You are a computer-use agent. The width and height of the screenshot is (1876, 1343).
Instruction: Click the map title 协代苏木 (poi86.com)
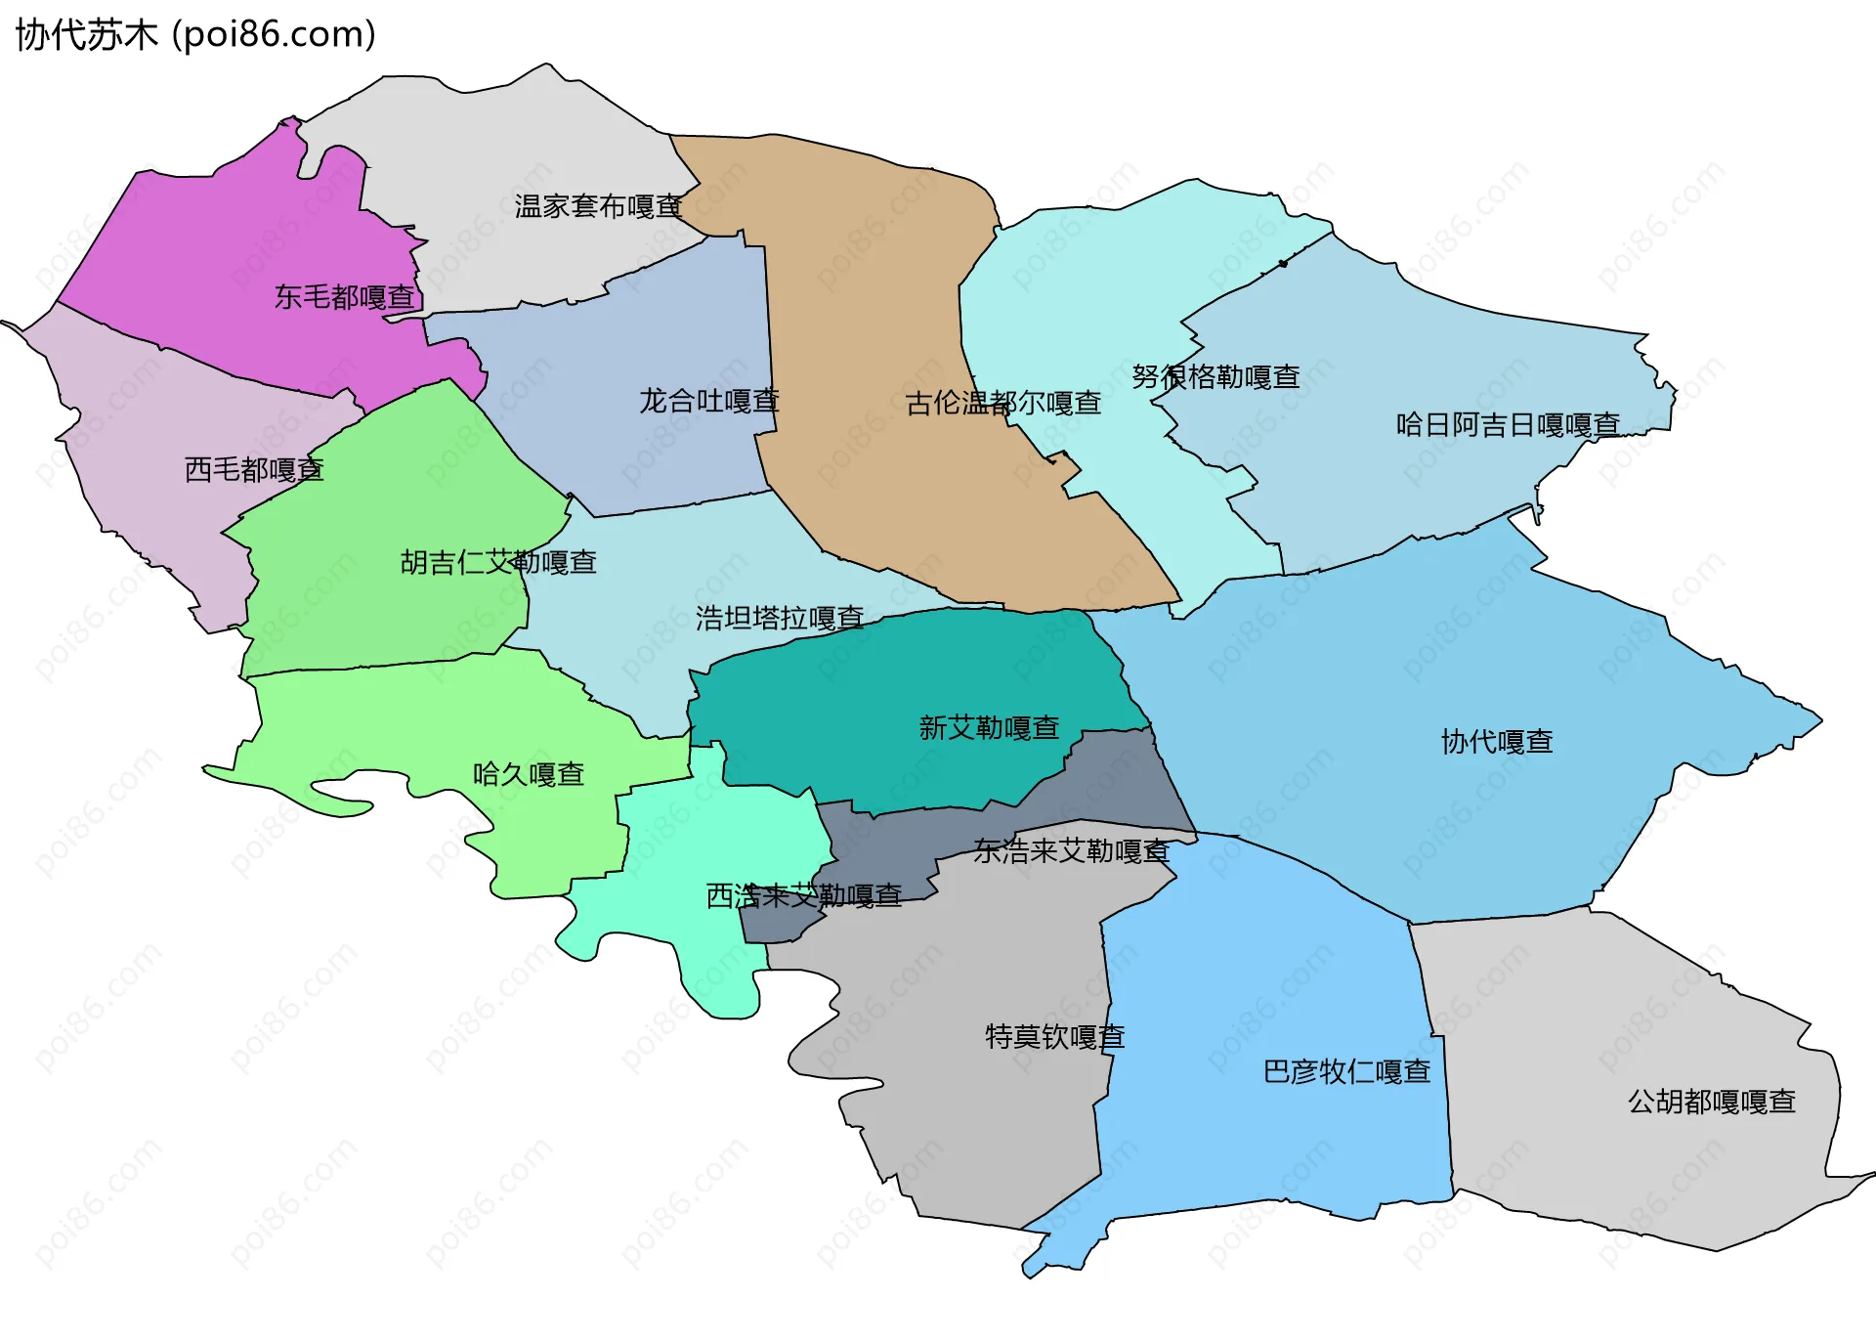195,35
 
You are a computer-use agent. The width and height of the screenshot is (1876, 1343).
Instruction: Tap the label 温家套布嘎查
598,206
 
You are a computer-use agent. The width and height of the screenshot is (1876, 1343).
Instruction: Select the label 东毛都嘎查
345,297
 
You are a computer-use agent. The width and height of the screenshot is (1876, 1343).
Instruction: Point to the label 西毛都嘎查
254,470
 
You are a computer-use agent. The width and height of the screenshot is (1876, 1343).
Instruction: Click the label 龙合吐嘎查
709,401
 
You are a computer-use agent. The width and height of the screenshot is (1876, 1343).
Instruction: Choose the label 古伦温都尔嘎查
1003,403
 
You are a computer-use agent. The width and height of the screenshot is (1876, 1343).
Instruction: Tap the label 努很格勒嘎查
1215,377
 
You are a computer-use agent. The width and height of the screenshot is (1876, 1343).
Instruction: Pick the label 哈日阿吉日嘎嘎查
1508,425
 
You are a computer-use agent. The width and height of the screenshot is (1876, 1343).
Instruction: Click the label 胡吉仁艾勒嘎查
498,562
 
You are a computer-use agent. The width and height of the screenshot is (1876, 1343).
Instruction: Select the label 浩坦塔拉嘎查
780,618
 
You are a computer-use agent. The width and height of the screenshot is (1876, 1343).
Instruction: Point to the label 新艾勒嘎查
989,728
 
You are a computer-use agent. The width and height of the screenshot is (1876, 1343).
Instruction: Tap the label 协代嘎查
1497,742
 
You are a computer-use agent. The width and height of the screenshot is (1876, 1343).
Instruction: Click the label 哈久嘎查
529,775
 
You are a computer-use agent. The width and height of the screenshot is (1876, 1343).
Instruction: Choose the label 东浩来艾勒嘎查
1071,851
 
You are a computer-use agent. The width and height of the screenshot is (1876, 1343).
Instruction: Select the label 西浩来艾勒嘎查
803,896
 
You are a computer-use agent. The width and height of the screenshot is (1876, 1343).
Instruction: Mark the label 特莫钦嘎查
1055,1036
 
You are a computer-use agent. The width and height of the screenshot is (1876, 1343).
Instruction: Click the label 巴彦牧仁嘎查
1346,1072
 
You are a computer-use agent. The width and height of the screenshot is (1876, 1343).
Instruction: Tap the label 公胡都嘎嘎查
1712,1103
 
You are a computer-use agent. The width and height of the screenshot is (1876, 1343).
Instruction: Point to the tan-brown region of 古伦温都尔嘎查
860,293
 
